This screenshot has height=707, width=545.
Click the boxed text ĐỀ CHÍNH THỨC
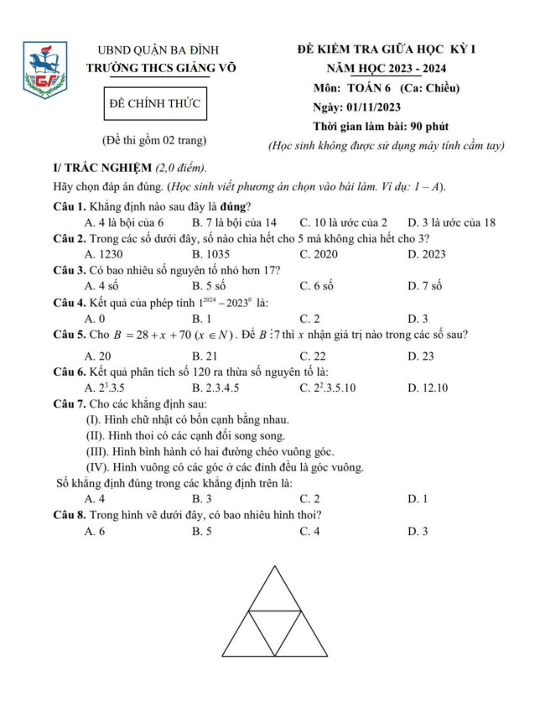[x=157, y=103]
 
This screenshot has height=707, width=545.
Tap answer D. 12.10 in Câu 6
[x=428, y=387]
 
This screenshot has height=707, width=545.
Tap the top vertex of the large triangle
[x=274, y=568]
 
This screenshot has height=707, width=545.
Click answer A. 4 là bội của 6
[x=124, y=222]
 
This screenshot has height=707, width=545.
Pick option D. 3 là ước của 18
[x=451, y=222]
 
